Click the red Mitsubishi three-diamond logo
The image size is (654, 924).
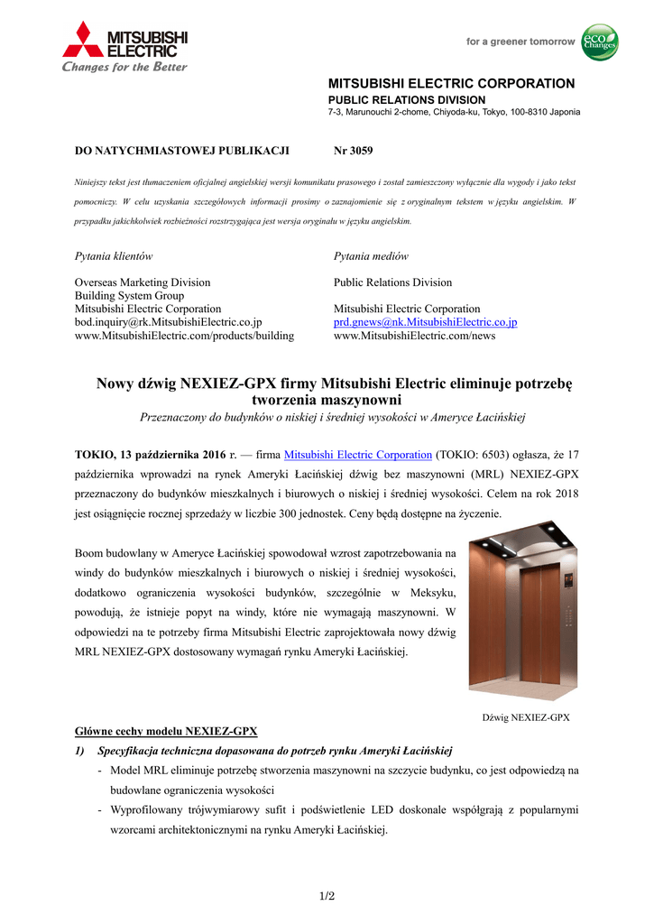coord(83,41)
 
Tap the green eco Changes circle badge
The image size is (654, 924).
coord(599,42)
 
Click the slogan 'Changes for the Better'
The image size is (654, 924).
coord(124,67)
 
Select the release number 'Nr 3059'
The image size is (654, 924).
coord(353,150)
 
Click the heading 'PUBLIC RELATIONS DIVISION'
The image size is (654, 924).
coord(406,99)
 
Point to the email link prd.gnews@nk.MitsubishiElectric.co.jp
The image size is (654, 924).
coord(425,322)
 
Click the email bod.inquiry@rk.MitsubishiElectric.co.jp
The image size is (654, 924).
coord(168,322)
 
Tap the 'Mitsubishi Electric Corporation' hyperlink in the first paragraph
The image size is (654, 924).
coord(357,456)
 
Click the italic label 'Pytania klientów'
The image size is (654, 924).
coord(113,256)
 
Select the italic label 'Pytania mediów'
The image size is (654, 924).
coord(371,256)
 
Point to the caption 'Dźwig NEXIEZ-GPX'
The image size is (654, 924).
coord(526,718)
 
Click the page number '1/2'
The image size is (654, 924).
coord(327,896)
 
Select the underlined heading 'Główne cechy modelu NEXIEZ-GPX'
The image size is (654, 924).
coord(165,731)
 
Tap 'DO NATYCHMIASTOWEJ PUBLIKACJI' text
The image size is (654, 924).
coord(180,150)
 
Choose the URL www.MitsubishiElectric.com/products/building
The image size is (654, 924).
coord(184,336)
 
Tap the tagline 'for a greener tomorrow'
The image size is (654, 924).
coord(520,42)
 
